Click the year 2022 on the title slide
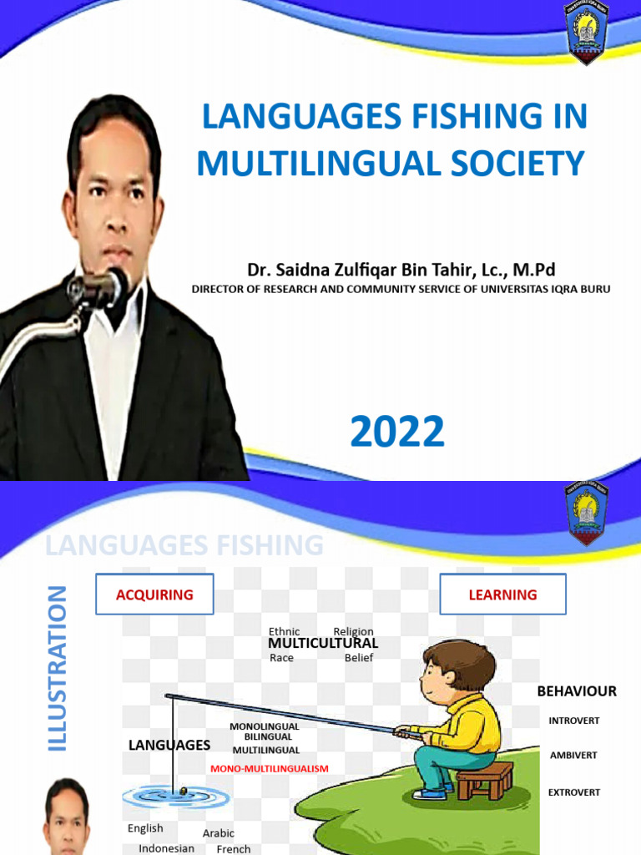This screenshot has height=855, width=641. pyautogui.click(x=396, y=433)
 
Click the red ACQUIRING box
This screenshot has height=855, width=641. pyautogui.click(x=154, y=594)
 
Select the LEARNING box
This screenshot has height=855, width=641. pyautogui.click(x=502, y=594)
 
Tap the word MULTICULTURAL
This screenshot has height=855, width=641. pyautogui.click(x=322, y=644)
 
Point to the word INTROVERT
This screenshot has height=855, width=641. pyautogui.click(x=573, y=721)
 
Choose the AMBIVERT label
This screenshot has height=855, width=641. pyautogui.click(x=573, y=756)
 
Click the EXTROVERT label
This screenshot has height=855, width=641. pyautogui.click(x=573, y=792)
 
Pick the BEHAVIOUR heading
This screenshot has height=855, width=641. pyautogui.click(x=576, y=691)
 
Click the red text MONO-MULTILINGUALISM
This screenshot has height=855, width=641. pyautogui.click(x=270, y=768)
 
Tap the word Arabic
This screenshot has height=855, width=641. pyautogui.click(x=219, y=833)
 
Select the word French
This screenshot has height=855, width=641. pyautogui.click(x=234, y=849)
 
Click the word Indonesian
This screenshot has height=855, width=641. pyautogui.click(x=166, y=848)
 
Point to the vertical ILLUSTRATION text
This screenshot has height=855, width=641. pyautogui.click(x=57, y=668)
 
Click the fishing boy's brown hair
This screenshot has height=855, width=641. pyautogui.click(x=463, y=660)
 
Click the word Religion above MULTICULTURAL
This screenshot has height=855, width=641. pyautogui.click(x=353, y=631)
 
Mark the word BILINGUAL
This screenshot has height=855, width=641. pyautogui.click(x=268, y=737)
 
